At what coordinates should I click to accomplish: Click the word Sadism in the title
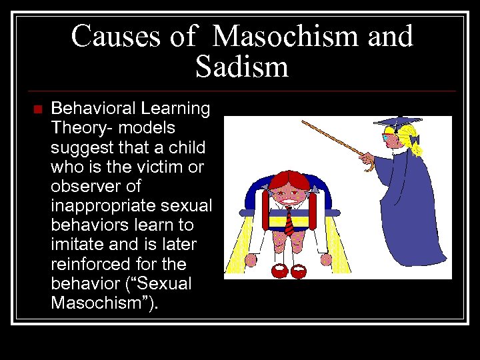click(x=242, y=67)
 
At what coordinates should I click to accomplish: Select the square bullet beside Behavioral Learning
click(x=37, y=109)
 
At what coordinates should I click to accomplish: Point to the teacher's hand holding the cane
click(x=366, y=158)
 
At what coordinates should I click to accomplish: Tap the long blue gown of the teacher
click(x=420, y=213)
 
